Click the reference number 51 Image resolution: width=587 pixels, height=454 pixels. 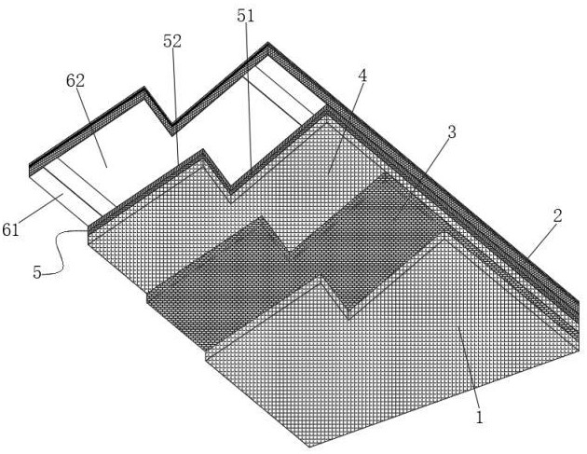coord(246,16)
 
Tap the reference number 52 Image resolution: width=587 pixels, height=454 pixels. coord(172,41)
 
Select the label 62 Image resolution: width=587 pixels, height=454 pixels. coord(75,80)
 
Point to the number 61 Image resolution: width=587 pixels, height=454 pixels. coord(10,229)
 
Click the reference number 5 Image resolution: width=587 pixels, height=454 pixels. coord(37,272)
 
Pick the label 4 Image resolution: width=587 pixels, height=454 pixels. coord(362,76)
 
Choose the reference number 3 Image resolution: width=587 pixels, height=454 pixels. coord(452,131)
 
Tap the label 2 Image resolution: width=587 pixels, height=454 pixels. coord(558,216)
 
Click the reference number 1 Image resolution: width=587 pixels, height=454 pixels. coord(479,417)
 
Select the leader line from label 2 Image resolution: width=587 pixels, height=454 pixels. coord(540,241)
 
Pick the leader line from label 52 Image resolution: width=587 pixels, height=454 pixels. coord(175,106)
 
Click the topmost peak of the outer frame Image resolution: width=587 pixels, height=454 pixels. coord(267,43)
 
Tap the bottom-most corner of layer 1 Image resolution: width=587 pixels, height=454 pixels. coord(310,447)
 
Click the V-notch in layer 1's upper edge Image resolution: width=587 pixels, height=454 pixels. coord(348,319)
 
